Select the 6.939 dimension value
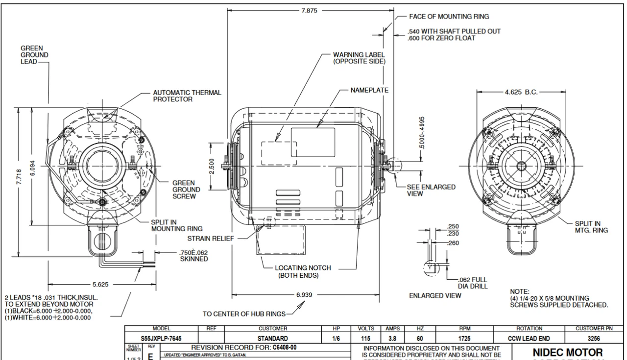304,295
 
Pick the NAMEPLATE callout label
369,90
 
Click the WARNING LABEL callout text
359,58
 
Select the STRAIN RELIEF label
210,239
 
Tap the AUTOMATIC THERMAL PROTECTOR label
187,96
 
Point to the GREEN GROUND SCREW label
186,190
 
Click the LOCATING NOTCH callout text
303,271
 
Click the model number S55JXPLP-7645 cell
162,338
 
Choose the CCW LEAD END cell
529,338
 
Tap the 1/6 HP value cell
336,338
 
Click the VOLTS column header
366,329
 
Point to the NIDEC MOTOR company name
568,352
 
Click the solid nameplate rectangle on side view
313,143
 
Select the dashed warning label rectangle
278,153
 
